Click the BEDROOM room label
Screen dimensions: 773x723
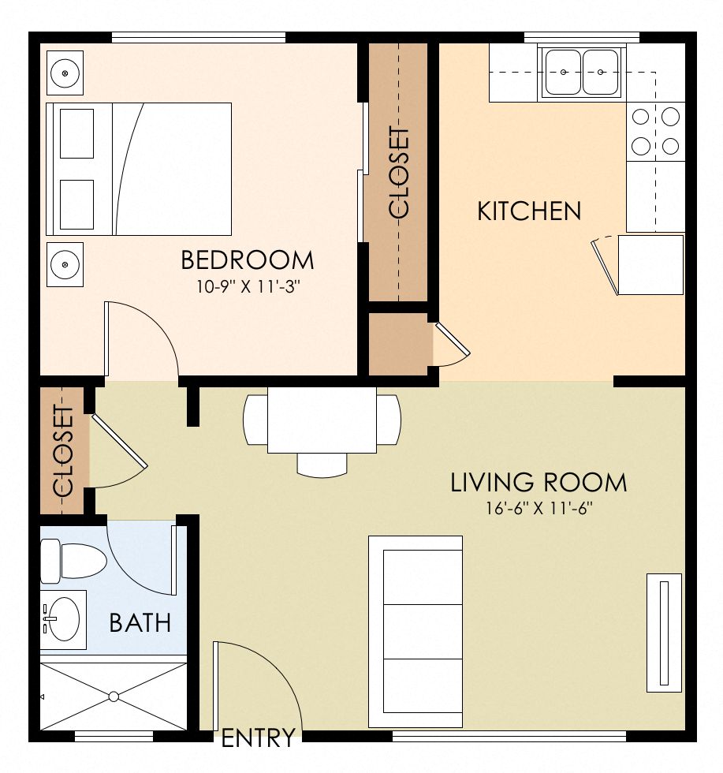tap(247, 260)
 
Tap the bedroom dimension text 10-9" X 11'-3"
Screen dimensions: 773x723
tap(249, 286)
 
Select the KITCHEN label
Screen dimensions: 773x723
tap(529, 211)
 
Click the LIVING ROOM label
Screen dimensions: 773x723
tap(539, 482)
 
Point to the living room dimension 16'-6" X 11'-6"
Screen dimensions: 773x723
tap(539, 508)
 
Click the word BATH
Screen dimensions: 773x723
tap(140, 623)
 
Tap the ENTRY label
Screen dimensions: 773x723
tap(258, 738)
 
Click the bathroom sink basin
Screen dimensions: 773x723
tap(61, 618)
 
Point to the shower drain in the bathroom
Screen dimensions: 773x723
tap(114, 696)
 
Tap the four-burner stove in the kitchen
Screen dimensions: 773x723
tap(655, 131)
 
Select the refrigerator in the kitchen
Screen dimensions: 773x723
tap(650, 265)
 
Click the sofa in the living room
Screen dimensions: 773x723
tap(416, 631)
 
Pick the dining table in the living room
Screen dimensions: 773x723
tap(322, 420)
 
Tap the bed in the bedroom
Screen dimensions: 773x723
tap(140, 169)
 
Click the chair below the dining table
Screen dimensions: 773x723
tap(322, 465)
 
